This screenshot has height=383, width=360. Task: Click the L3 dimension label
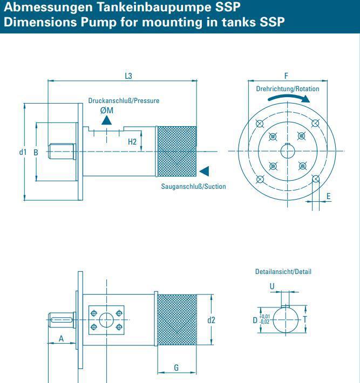128,76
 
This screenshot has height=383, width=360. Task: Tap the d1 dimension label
23,152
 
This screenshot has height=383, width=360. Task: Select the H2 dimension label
132,142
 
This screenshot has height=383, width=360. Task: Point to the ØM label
107,110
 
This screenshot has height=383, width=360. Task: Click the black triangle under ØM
107,120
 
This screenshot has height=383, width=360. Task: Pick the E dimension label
328,197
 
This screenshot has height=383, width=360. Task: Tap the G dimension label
176,366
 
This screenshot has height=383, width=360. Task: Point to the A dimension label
61,338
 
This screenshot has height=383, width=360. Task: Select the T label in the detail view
306,319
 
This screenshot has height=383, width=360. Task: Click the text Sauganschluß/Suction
193,187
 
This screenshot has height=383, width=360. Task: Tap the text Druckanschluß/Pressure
124,100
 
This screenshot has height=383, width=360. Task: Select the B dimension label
36,152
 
